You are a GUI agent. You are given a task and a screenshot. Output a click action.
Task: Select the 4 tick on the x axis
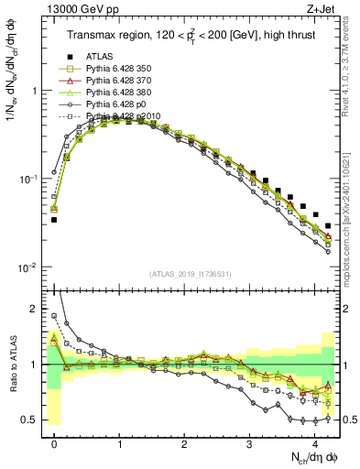coord(315,440)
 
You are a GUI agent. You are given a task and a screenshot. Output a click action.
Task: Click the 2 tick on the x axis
coord(185,440)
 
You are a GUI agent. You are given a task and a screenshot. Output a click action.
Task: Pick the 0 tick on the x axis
coord(55,440)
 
